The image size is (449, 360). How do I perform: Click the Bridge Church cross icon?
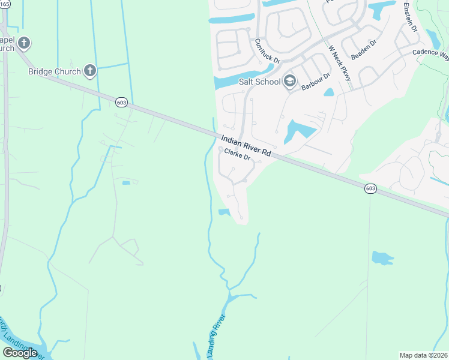pyautogui.click(x=90, y=71)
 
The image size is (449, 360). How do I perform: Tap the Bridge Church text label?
pyautogui.click(x=54, y=72)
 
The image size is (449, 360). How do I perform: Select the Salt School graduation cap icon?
pyautogui.click(x=290, y=80)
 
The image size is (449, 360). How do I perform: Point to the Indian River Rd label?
pyautogui.click(x=246, y=146)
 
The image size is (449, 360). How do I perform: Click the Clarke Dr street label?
pyautogui.click(x=237, y=155)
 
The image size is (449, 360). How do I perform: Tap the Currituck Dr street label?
pyautogui.click(x=267, y=51)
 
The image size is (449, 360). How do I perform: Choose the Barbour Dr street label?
pyautogui.click(x=316, y=82)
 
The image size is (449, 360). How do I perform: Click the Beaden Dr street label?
pyautogui.click(x=363, y=49)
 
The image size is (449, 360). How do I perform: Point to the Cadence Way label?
pyautogui.click(x=430, y=53)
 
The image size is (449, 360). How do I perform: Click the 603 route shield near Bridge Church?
pyautogui.click(x=122, y=103)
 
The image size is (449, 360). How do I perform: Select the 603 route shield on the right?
pyautogui.click(x=370, y=188)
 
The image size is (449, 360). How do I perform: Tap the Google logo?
pyautogui.click(x=20, y=353)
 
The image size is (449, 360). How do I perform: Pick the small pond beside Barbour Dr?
pyautogui.click(x=328, y=92)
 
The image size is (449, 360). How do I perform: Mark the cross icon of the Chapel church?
pyautogui.click(x=24, y=43)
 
